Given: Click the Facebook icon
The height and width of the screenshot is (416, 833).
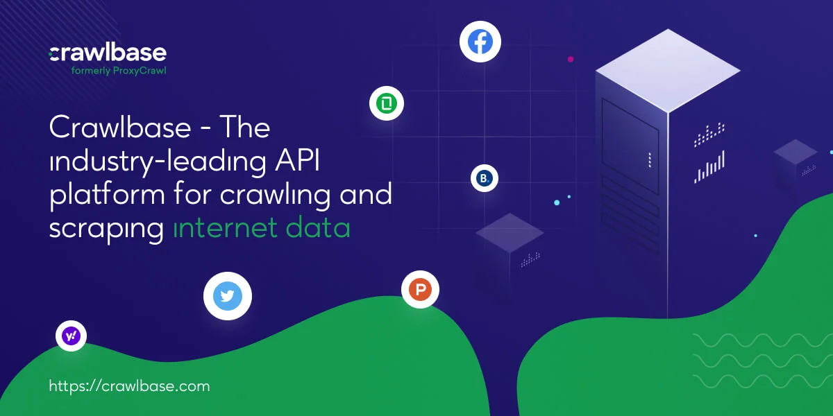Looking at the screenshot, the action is [x=480, y=42].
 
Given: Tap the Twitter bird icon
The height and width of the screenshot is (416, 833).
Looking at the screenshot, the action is [x=228, y=296].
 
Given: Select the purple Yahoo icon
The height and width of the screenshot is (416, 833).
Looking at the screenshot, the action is [x=71, y=336].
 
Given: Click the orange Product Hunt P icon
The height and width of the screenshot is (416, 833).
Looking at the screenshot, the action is [x=420, y=289].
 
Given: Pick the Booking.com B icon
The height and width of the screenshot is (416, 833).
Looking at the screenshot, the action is [x=485, y=178].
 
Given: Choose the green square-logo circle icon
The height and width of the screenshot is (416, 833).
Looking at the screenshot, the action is [x=387, y=103].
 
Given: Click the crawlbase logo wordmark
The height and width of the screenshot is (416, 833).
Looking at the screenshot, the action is [x=108, y=53].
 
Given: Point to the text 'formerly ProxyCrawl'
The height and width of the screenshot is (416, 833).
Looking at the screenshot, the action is [x=119, y=71].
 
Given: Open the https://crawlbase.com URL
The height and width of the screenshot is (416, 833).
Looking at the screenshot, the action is [x=129, y=386].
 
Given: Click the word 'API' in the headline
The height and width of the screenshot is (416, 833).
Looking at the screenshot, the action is [x=297, y=160].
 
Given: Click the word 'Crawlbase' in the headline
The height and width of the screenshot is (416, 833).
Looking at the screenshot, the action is [x=120, y=127].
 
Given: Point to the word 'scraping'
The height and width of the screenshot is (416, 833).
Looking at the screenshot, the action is [x=106, y=230].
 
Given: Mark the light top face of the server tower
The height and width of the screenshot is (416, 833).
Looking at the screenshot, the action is [x=668, y=71].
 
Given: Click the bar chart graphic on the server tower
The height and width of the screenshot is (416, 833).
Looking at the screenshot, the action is [x=709, y=167].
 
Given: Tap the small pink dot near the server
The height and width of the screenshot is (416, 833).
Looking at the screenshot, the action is [x=571, y=59].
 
